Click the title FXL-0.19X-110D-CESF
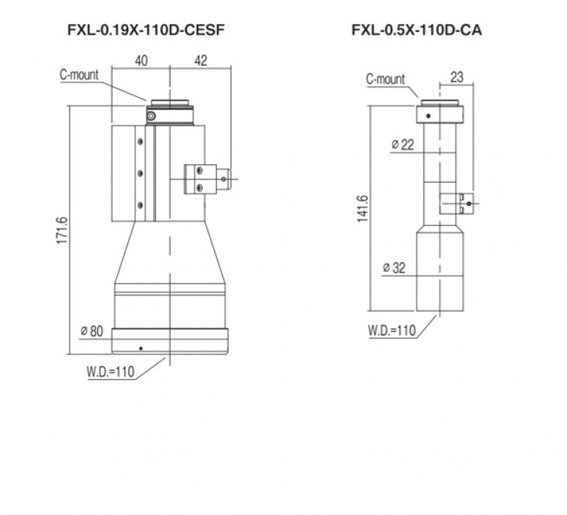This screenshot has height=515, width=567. click(x=146, y=30)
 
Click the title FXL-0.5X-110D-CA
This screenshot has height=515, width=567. click(x=417, y=30)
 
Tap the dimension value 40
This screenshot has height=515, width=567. click(x=141, y=61)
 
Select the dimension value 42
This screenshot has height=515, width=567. click(x=201, y=61)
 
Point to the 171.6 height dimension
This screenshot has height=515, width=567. click(x=62, y=230)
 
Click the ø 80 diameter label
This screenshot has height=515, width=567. click(x=92, y=331)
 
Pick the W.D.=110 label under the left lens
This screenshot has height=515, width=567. click(x=111, y=371)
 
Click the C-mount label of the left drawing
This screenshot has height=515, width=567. click(x=79, y=75)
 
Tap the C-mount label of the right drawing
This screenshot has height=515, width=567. click(x=386, y=79)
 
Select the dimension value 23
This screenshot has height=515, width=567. click(x=456, y=77)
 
